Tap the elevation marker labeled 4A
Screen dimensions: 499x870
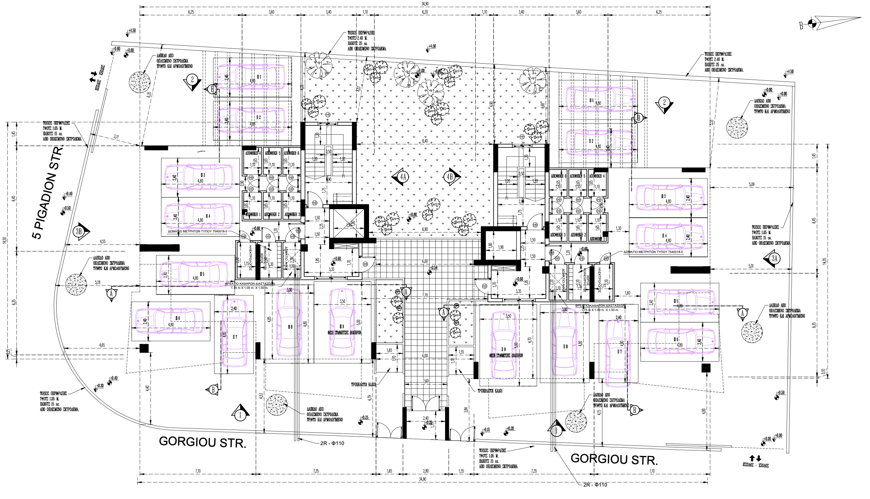pos(402,177)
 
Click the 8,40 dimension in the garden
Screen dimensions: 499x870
pos(425,141)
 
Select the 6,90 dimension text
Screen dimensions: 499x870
pos(425,229)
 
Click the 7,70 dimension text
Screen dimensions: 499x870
pos(425,295)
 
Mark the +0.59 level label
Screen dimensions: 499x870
pos(434,268)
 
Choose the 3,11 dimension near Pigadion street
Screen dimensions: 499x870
pos(116,137)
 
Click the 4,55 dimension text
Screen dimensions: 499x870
pos(102,241)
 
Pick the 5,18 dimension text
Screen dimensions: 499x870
pos(97,282)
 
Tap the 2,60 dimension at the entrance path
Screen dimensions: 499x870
pos(425,381)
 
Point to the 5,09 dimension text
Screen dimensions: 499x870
pos(752,184)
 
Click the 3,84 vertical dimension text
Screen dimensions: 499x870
pos(465,409)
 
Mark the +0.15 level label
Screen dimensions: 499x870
pos(487,430)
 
